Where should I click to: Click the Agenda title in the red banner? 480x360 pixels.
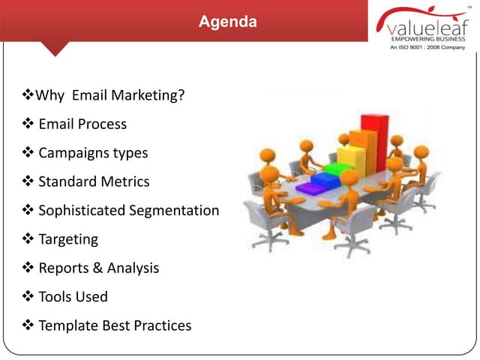[x=227, y=22]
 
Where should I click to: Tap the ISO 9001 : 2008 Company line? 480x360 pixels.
[x=427, y=46]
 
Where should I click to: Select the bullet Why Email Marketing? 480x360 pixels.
[x=104, y=95]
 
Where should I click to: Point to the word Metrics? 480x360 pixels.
[x=121, y=181]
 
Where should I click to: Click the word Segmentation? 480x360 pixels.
[x=174, y=211]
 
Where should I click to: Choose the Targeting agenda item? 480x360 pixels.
[x=68, y=239]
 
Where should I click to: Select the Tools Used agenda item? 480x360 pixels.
[x=73, y=297]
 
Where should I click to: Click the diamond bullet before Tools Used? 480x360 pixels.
[x=28, y=297]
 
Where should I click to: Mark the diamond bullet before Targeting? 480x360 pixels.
[x=28, y=239]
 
